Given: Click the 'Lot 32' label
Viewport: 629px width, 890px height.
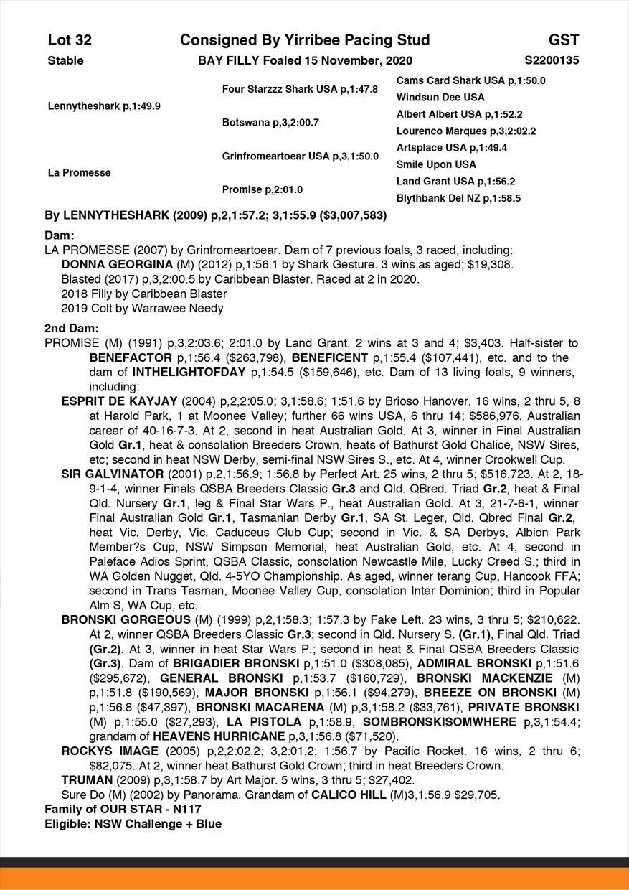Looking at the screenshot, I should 70,40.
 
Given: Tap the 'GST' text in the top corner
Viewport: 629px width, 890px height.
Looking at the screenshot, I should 564,40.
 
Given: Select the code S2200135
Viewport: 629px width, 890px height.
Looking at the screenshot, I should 552,60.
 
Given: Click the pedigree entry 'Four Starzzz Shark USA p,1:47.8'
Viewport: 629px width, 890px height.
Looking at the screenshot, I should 300,90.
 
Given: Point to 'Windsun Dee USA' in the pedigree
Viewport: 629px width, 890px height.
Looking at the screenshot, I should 440,97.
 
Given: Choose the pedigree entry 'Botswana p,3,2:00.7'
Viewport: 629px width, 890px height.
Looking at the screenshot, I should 270,123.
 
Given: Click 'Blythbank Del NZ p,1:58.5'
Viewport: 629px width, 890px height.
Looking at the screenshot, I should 458,198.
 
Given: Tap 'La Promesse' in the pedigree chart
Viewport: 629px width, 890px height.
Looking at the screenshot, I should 79,173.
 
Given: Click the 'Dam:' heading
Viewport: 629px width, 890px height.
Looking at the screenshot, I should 60,235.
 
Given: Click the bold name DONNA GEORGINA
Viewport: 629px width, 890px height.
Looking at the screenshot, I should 112,264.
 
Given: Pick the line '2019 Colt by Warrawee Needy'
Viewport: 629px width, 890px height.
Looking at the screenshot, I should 143,309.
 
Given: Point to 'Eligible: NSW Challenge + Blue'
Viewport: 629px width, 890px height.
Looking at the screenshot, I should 133,824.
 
